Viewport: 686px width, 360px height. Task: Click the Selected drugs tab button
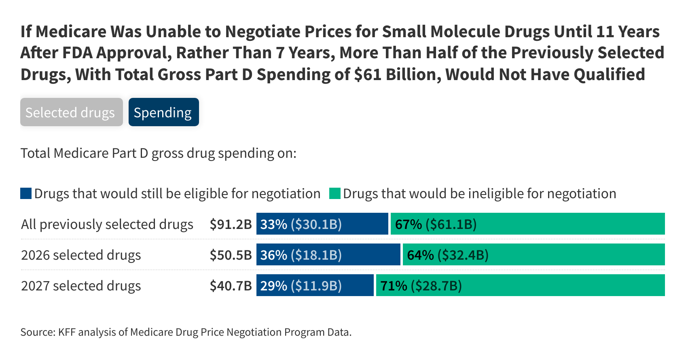71,112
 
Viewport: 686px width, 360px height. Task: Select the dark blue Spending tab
163,112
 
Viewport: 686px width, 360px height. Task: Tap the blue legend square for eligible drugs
26,193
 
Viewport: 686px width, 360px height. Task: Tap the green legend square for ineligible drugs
335,193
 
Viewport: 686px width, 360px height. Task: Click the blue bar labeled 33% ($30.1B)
322,224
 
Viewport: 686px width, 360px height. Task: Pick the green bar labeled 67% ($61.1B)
527,224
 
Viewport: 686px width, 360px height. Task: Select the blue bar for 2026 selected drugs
328,255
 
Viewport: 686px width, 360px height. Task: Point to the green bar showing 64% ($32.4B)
534,255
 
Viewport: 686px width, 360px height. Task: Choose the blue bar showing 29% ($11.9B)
315,286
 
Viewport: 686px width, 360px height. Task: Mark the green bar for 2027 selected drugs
520,286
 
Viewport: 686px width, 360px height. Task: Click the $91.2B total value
231,224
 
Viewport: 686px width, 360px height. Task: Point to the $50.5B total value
231,255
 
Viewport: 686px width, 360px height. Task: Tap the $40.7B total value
231,286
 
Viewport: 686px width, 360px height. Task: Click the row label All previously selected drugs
107,224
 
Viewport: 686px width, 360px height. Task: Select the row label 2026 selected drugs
81,255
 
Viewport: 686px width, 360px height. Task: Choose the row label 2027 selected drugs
81,286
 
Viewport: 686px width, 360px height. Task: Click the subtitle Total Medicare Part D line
158,153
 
